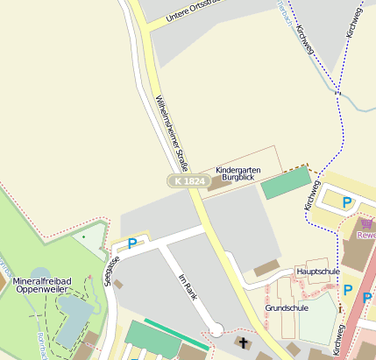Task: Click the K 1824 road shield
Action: [x=188, y=180]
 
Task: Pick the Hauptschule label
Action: [x=318, y=272]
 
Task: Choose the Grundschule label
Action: [x=287, y=308]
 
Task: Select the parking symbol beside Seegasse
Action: [x=132, y=244]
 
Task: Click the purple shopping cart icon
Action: [x=365, y=223]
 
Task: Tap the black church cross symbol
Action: [x=242, y=342]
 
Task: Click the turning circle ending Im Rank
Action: [x=216, y=330]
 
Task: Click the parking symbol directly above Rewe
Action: [x=347, y=202]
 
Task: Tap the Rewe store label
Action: [x=366, y=235]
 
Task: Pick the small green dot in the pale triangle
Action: [x=83, y=236]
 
